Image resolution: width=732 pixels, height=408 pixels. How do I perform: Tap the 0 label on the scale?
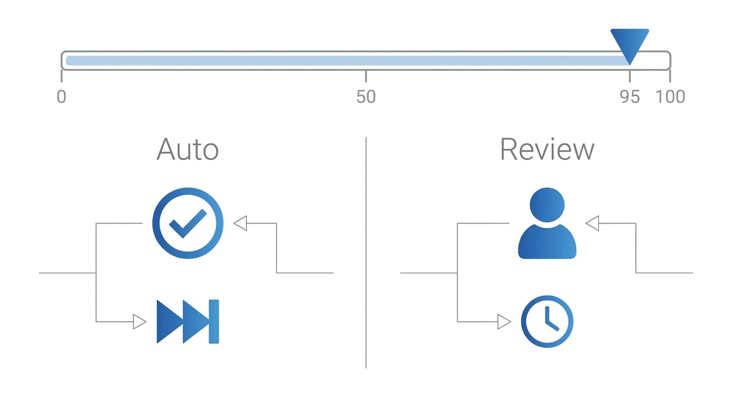(x=61, y=97)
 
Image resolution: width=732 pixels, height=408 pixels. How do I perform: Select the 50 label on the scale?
(x=366, y=97)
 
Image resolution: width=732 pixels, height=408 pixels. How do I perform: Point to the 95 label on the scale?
(x=630, y=97)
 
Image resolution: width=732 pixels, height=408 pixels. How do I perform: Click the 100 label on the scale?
(x=670, y=97)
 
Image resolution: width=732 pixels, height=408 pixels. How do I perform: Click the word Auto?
(x=188, y=149)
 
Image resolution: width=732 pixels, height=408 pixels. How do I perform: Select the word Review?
(x=547, y=149)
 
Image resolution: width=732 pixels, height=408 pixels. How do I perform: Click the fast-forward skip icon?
(x=188, y=321)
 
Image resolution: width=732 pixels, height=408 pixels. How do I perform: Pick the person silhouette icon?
(x=547, y=223)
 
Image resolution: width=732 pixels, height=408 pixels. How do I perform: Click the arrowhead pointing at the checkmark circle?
(x=240, y=223)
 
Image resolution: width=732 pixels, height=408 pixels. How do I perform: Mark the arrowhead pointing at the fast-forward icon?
(x=139, y=322)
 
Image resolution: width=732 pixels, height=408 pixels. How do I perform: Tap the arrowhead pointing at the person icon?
(x=592, y=223)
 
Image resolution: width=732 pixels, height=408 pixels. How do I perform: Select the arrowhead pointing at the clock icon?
(x=504, y=322)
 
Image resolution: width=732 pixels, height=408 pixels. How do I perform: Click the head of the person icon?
(x=547, y=205)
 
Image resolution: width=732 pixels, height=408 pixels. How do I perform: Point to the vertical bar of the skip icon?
(x=214, y=321)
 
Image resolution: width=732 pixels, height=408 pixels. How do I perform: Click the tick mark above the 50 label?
(x=366, y=76)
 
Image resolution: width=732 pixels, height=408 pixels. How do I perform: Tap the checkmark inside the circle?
(x=188, y=224)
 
